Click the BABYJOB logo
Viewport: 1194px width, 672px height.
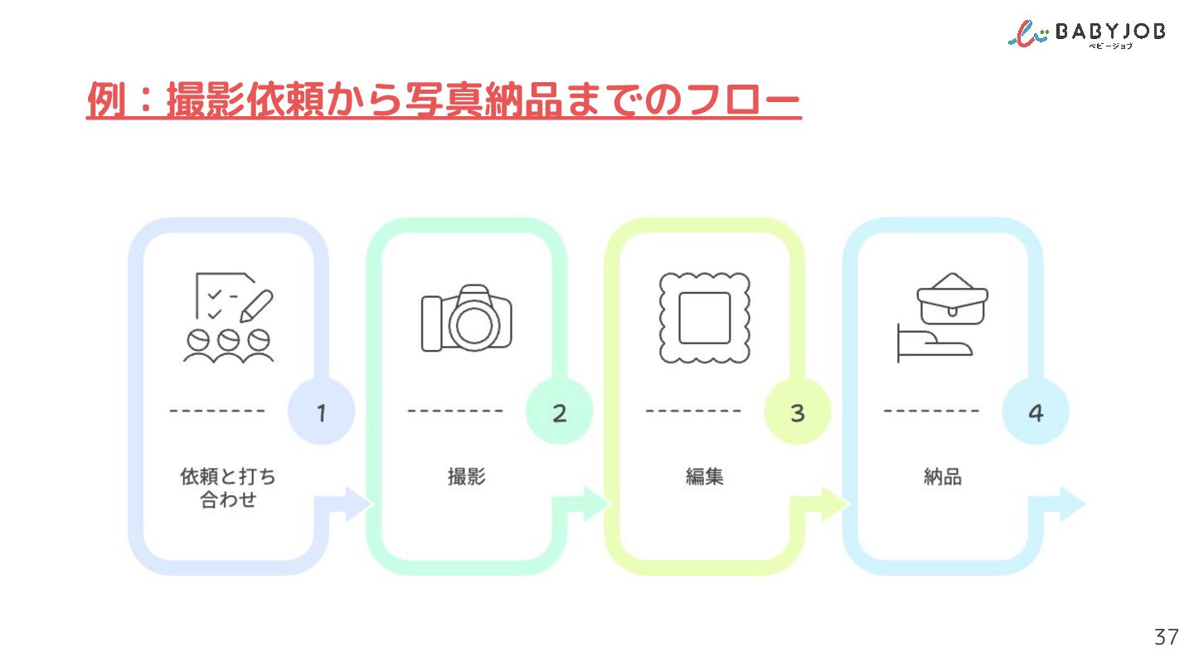tap(1086, 35)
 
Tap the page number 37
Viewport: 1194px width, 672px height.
tap(1166, 637)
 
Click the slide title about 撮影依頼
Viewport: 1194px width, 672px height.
tap(444, 100)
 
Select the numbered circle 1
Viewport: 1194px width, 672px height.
tap(322, 411)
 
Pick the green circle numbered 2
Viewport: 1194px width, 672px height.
tap(559, 411)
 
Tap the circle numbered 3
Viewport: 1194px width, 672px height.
tap(798, 411)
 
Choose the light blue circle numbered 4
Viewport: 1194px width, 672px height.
tap(1036, 411)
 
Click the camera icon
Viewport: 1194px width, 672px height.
tap(466, 319)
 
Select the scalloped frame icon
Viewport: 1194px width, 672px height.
tap(705, 319)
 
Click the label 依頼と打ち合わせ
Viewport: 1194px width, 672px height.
tap(228, 488)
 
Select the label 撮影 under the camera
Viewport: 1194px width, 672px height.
tap(466, 476)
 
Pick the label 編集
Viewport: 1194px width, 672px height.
tap(705, 476)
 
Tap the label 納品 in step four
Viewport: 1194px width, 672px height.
tap(943, 476)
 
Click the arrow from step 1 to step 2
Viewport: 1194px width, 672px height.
tap(352, 504)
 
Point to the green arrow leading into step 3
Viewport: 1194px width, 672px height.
tap(590, 504)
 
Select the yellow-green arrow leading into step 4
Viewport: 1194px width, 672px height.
tap(828, 504)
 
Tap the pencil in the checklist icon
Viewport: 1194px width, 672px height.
tap(256, 306)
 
